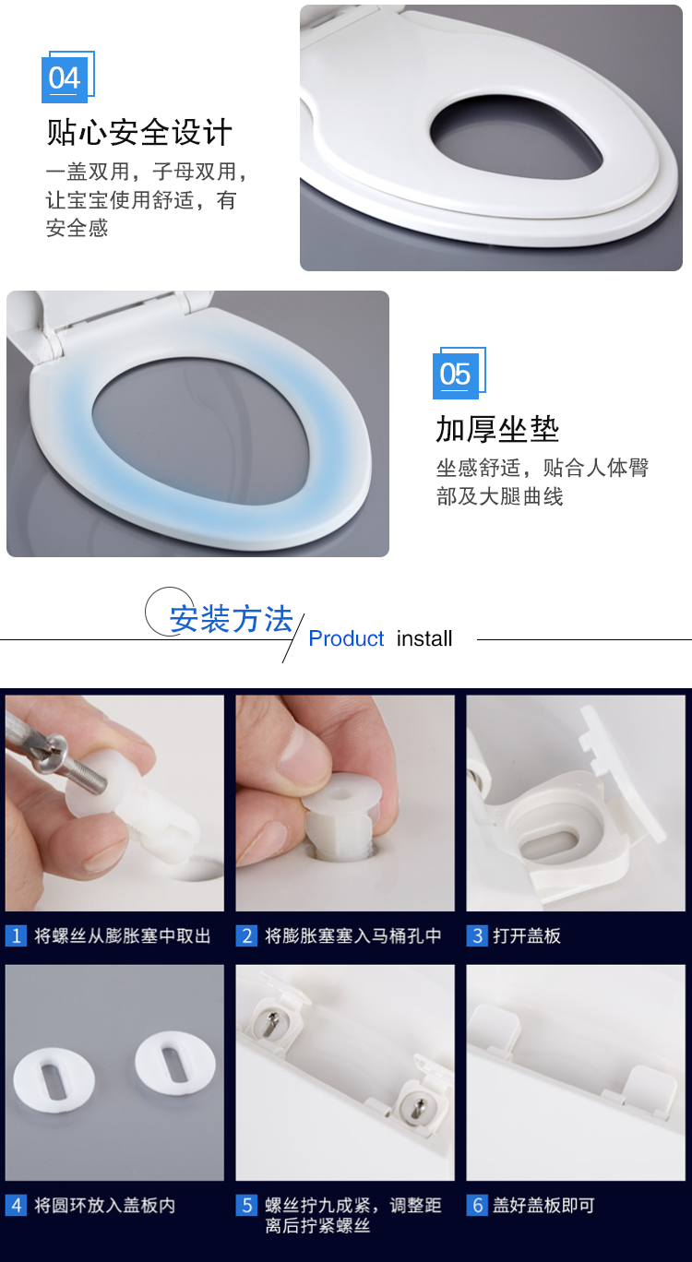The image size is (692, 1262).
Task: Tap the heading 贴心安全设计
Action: click(x=139, y=133)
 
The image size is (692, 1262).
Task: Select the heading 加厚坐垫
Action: click(x=497, y=429)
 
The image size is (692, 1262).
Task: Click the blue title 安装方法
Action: click(x=232, y=619)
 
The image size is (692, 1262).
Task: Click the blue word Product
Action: click(x=346, y=638)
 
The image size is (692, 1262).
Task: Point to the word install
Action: click(x=424, y=638)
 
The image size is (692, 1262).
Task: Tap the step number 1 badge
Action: click(x=16, y=935)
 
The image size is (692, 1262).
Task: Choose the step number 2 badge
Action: click(x=246, y=935)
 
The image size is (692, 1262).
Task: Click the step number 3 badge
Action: click(x=477, y=935)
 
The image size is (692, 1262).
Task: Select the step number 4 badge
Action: click(x=16, y=1205)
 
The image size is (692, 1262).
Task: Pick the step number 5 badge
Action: click(x=246, y=1205)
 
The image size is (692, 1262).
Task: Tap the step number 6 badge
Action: click(x=477, y=1205)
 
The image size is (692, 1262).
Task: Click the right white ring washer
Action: click(x=175, y=1063)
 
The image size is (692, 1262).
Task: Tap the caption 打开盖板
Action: click(x=527, y=935)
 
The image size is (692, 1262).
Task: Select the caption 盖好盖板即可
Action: click(x=543, y=1205)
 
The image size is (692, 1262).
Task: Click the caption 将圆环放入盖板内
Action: click(x=105, y=1205)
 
